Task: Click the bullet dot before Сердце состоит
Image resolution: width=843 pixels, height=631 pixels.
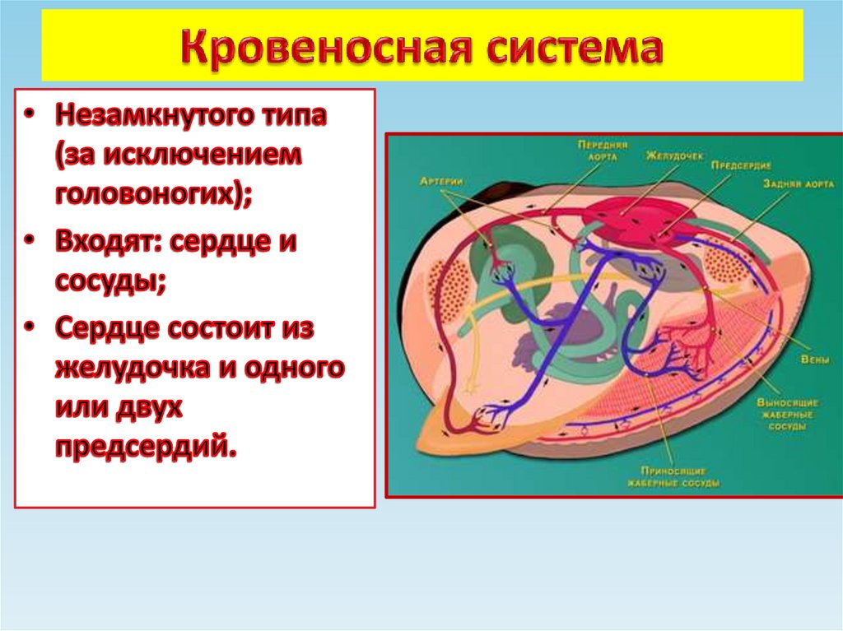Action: (30, 327)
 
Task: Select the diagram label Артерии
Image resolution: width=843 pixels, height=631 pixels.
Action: (443, 181)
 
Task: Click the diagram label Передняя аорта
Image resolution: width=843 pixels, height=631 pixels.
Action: (602, 150)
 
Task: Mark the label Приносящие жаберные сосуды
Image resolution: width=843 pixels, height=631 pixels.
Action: (673, 477)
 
